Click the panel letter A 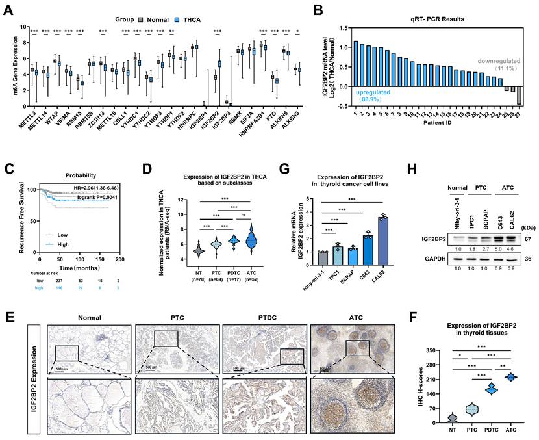10,11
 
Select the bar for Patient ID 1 355,66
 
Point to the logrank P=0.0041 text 97,195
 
